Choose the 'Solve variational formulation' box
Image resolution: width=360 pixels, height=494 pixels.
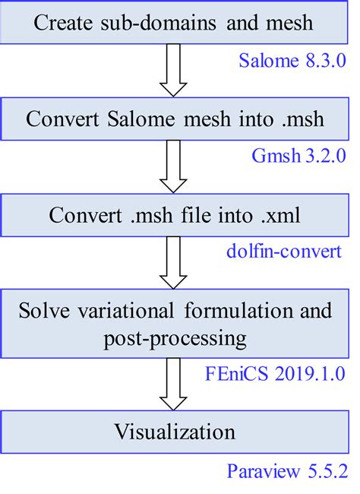pyautogui.click(x=175, y=322)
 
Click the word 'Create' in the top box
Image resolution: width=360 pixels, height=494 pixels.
pyautogui.click(x=61, y=23)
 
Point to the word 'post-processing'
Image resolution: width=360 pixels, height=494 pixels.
pyautogui.click(x=175, y=337)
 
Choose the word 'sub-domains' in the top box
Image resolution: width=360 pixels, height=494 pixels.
pyautogui.click(x=150, y=23)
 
